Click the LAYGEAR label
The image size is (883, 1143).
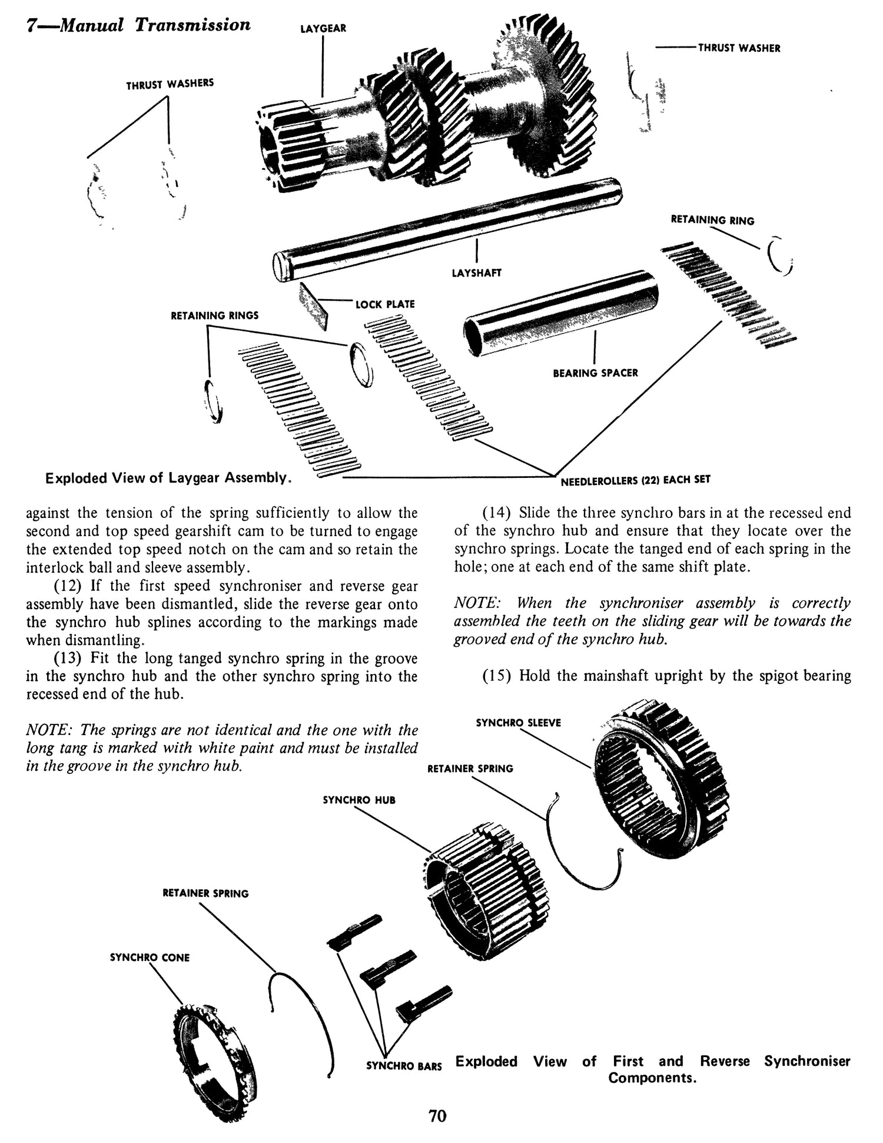click(323, 28)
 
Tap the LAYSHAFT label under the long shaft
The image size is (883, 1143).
click(476, 273)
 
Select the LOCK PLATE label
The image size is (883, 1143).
click(385, 304)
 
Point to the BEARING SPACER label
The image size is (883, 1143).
click(595, 373)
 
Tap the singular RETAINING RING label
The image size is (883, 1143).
click(712, 220)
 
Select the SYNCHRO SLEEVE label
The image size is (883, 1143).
click(518, 722)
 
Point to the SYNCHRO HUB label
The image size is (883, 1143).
click(359, 800)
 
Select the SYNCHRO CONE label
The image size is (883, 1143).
click(150, 958)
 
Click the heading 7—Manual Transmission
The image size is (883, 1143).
click(138, 25)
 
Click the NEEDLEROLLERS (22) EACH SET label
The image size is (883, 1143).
click(635, 480)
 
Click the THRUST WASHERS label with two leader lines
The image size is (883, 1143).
click(170, 84)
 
